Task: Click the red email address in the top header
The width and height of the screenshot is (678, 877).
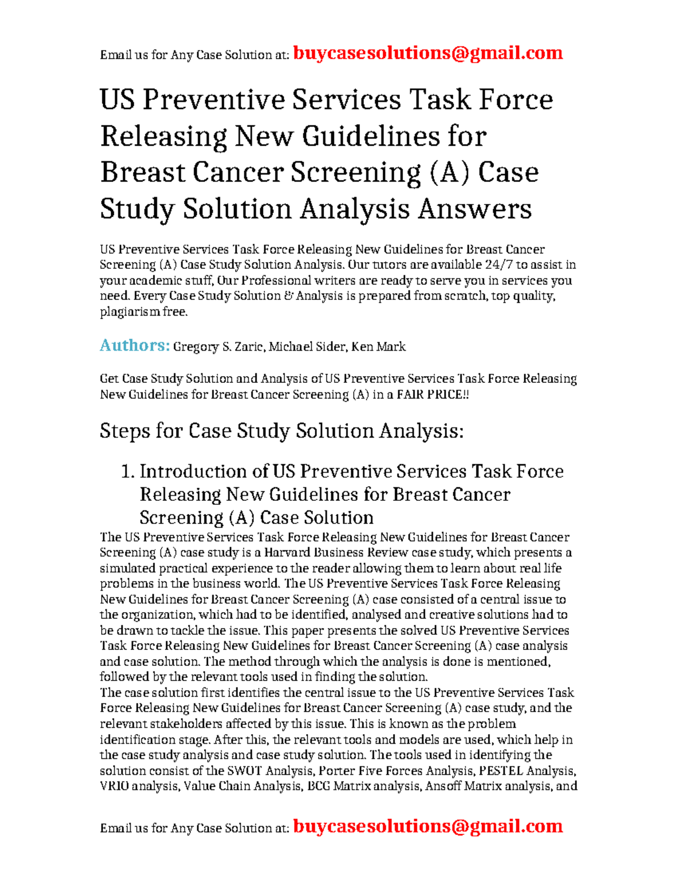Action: pos(428,53)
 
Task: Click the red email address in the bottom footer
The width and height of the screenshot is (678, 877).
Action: pos(428,826)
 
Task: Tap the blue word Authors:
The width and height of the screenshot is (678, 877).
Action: pos(134,345)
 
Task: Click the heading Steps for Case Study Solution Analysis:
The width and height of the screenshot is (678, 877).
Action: pos(281,431)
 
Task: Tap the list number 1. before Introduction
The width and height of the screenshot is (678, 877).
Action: pos(128,472)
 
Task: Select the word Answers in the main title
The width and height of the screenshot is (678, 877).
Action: pos(475,209)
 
